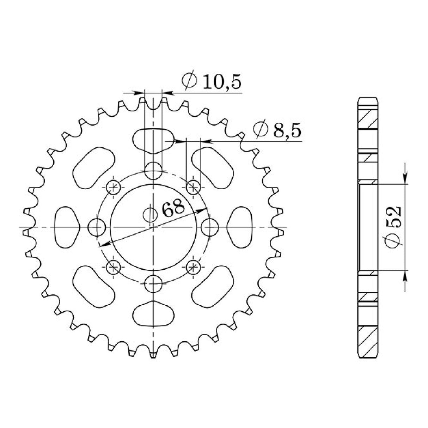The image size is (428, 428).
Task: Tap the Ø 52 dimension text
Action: [394, 228]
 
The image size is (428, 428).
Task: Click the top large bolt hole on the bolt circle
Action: [153, 170]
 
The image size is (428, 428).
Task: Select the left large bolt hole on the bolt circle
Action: [96, 227]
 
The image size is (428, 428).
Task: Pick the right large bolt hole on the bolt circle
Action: [210, 227]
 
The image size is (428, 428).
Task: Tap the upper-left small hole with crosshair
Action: [113, 187]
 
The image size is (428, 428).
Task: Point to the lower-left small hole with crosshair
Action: [113, 267]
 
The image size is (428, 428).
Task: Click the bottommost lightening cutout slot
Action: [153, 314]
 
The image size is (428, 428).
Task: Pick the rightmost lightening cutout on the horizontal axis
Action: [240, 227]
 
